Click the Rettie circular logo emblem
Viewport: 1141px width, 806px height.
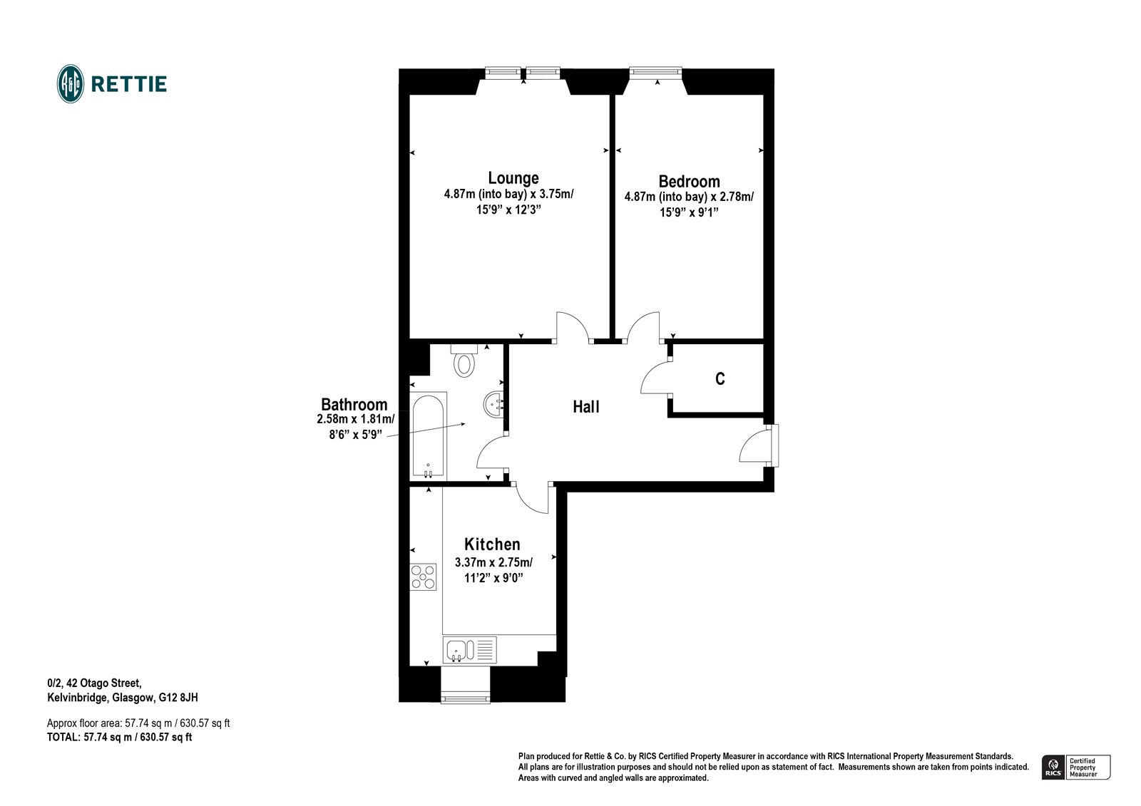[71, 84]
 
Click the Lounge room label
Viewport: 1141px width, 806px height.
[513, 177]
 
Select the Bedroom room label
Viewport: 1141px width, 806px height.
[689, 181]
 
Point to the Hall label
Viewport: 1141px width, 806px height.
[586, 407]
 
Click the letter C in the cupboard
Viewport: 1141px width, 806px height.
[720, 379]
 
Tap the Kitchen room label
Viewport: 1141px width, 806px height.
[492, 544]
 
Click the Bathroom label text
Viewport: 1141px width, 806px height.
[354, 405]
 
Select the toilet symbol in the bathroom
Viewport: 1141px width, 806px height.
[464, 361]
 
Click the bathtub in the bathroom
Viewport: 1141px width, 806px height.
[429, 435]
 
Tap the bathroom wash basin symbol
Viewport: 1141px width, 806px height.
[493, 405]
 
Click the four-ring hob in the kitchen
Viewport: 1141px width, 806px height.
[423, 576]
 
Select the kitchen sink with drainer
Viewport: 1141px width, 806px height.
[469, 649]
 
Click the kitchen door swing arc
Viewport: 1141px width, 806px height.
[531, 497]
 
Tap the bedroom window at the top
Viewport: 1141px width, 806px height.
[655, 71]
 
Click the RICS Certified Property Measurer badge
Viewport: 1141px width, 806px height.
[1076, 767]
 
